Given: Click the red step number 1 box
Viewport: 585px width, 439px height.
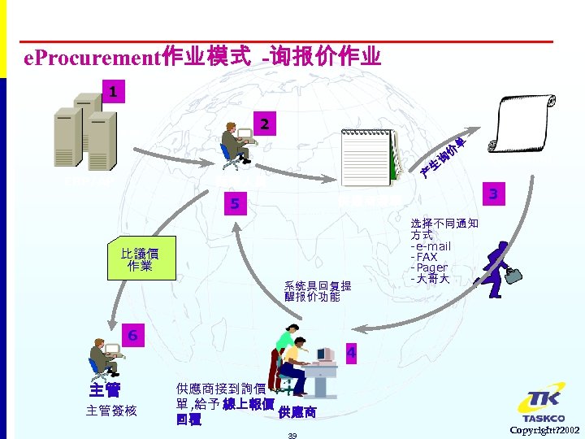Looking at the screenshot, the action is pyautogui.click(x=113, y=91).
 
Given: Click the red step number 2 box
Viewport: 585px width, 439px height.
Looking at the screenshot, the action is pyautogui.click(x=263, y=125).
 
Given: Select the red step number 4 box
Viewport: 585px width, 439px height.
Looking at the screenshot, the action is pyautogui.click(x=350, y=353).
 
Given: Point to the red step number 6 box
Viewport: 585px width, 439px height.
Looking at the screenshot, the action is pyautogui.click(x=132, y=335).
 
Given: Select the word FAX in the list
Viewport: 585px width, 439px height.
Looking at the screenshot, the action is pyautogui.click(x=427, y=257).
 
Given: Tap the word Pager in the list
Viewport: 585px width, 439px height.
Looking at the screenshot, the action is pyautogui.click(x=432, y=267).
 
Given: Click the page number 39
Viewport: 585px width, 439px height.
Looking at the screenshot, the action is pyautogui.click(x=292, y=436).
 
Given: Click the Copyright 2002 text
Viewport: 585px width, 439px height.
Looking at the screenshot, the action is pyautogui.click(x=545, y=429).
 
